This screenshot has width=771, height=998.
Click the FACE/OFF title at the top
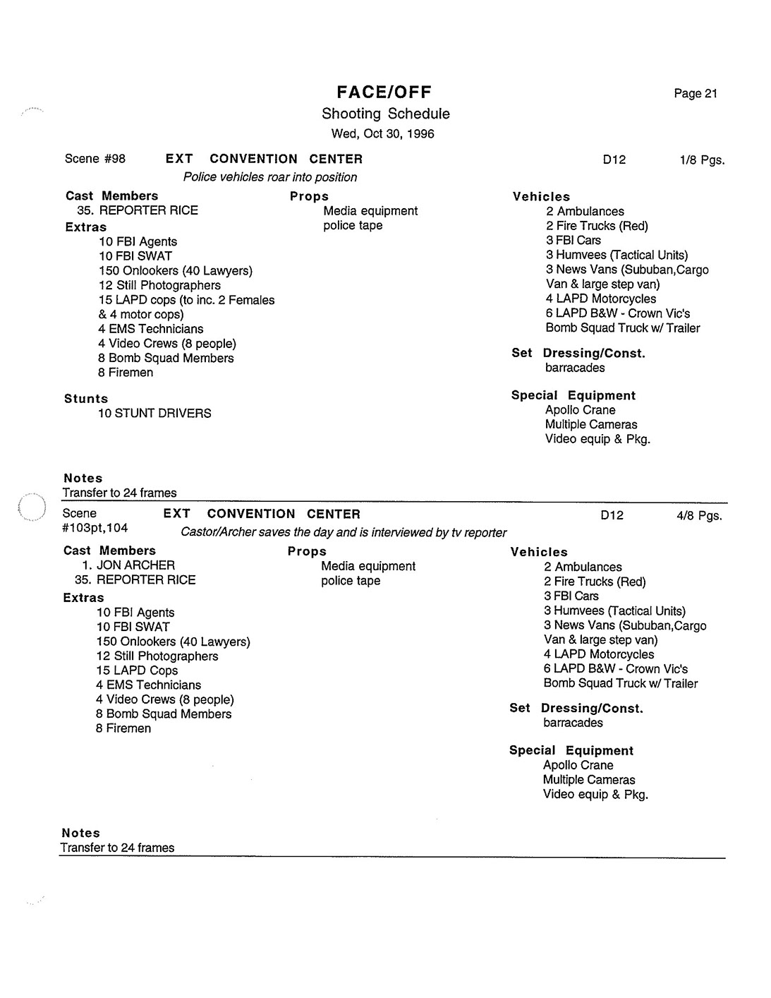click(384, 92)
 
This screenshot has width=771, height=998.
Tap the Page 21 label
click(695, 94)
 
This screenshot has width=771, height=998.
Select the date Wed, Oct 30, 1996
click(383, 133)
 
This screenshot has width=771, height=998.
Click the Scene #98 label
click(95, 159)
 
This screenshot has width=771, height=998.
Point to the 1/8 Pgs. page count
click(702, 160)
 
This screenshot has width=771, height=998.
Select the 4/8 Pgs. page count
click(699, 516)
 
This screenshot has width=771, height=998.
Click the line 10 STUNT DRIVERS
click(154, 414)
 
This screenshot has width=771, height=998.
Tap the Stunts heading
click(86, 399)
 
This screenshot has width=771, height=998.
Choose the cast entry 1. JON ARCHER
click(128, 565)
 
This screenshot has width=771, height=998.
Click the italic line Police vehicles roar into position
click(270, 177)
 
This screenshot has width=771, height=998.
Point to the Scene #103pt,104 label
click(95, 521)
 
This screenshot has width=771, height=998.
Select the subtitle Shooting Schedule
click(385, 114)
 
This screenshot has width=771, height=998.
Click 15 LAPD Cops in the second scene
click(137, 671)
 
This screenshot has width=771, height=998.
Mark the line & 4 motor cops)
click(141, 315)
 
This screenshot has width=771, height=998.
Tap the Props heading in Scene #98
click(309, 196)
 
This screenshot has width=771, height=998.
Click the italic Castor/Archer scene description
click(344, 533)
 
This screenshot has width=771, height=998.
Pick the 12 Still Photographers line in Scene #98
click(159, 285)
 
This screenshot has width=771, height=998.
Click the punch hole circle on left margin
click(30, 507)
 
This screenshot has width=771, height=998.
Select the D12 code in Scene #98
click(614, 160)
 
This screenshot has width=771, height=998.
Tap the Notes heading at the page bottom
click(80, 834)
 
